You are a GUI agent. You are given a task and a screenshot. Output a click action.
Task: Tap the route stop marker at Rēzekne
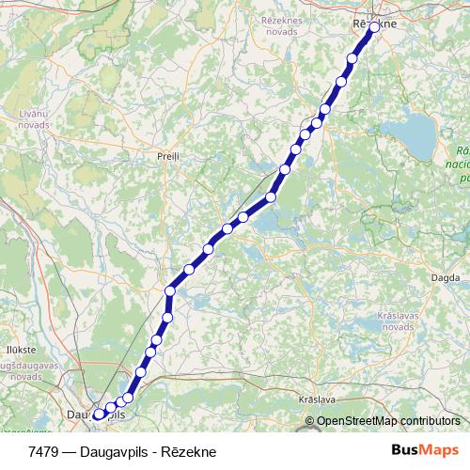(374, 27)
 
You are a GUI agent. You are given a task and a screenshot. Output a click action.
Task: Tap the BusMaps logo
(425, 450)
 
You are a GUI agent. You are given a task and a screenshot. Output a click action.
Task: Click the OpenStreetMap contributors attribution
(388, 420)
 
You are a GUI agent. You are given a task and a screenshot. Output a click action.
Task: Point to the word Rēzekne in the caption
(188, 451)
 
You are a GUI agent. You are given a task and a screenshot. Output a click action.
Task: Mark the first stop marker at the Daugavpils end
(98, 413)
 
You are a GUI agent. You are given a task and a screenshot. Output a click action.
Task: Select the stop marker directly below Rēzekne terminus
(352, 58)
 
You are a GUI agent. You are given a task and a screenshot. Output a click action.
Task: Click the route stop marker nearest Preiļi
(271, 196)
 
